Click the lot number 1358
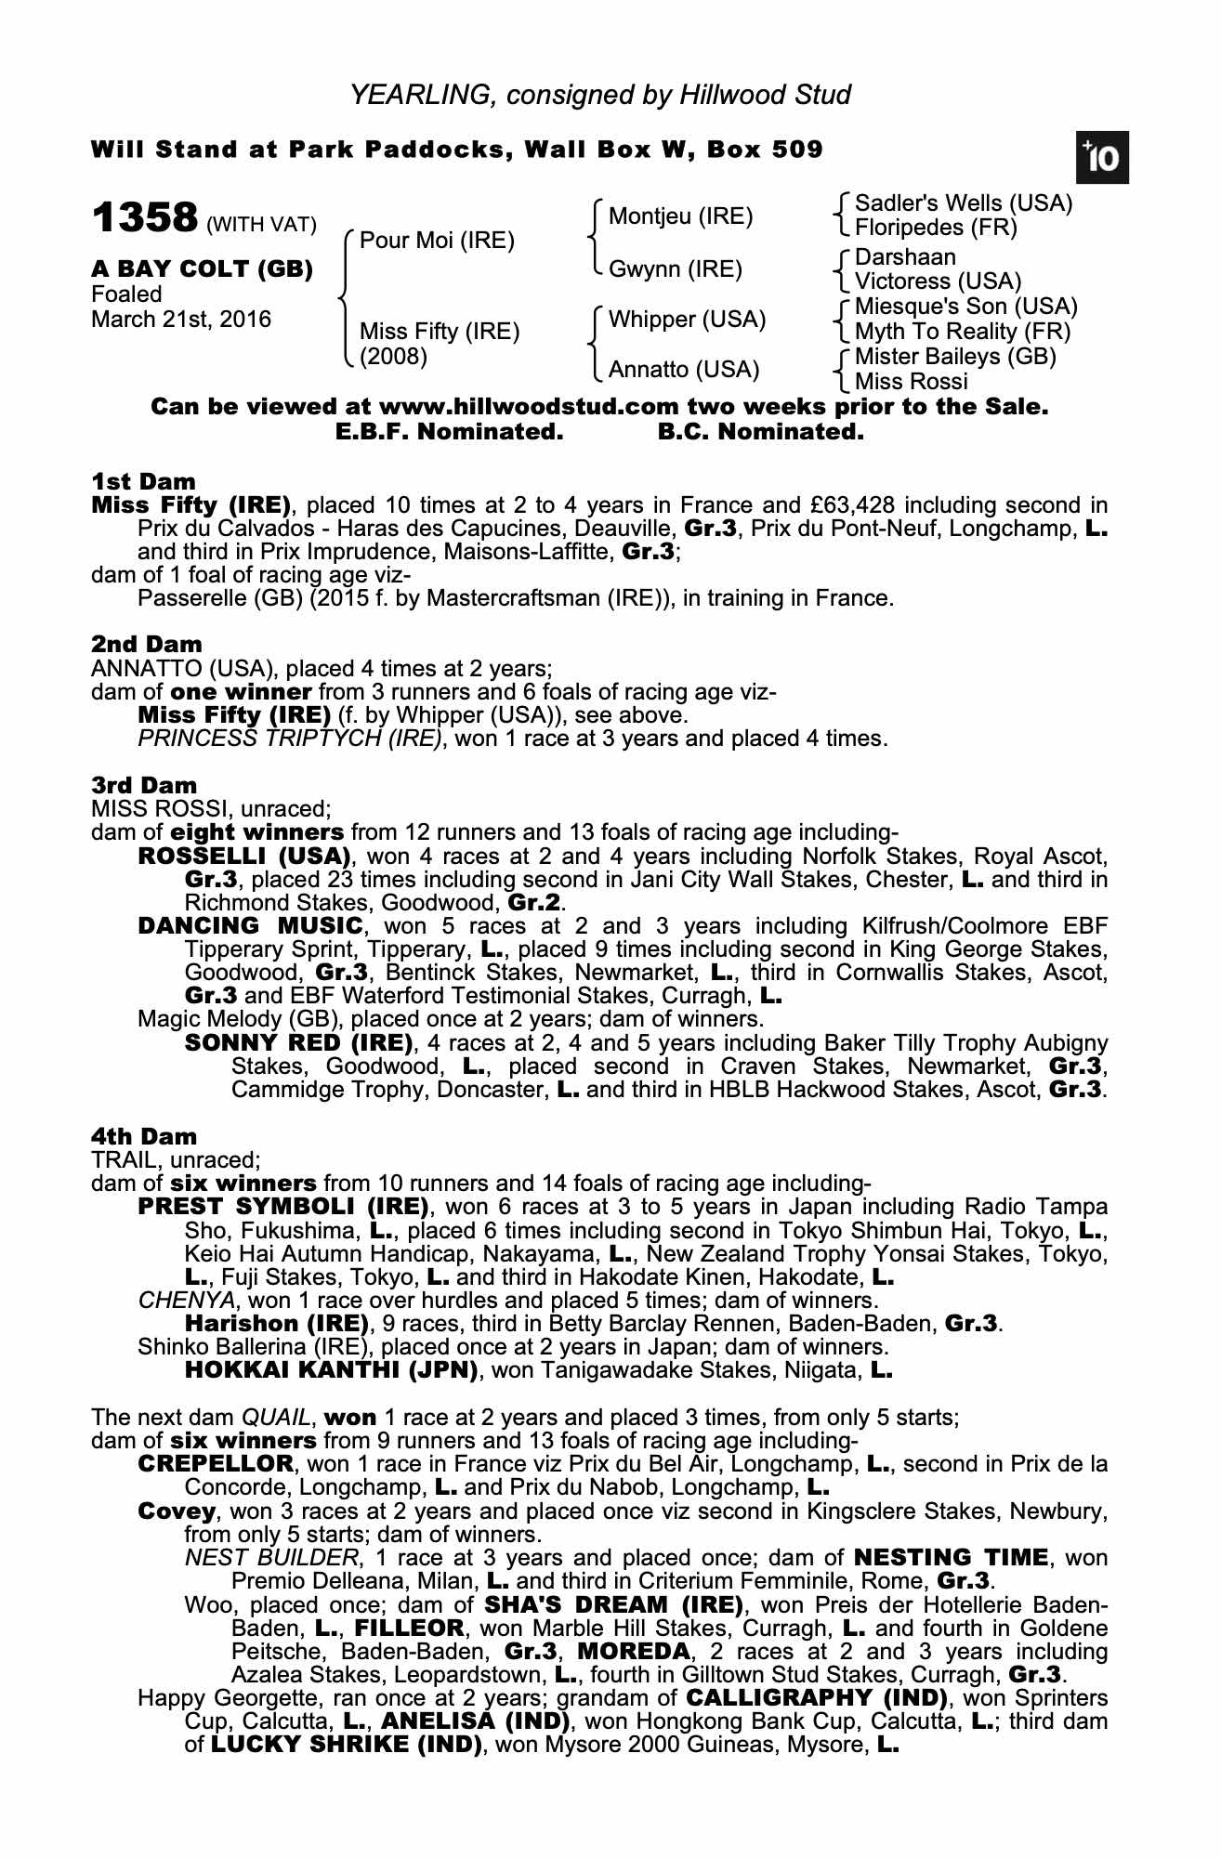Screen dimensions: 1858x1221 145,219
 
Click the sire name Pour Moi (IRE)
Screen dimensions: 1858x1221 437,241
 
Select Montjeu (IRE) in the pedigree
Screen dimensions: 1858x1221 680,216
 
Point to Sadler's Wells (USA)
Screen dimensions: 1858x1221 964,203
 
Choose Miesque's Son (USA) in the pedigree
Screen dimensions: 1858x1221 965,307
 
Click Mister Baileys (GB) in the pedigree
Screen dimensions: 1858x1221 955,357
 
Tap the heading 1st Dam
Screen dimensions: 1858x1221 144,481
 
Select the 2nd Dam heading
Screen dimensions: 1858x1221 147,644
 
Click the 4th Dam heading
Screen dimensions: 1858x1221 144,1136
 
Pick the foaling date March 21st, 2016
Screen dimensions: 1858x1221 181,320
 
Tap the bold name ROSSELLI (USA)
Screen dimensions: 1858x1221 244,856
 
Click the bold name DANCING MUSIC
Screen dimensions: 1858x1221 250,925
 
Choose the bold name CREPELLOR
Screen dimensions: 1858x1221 216,1464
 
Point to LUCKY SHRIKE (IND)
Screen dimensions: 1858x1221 347,1744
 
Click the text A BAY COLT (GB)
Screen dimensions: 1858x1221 203,269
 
